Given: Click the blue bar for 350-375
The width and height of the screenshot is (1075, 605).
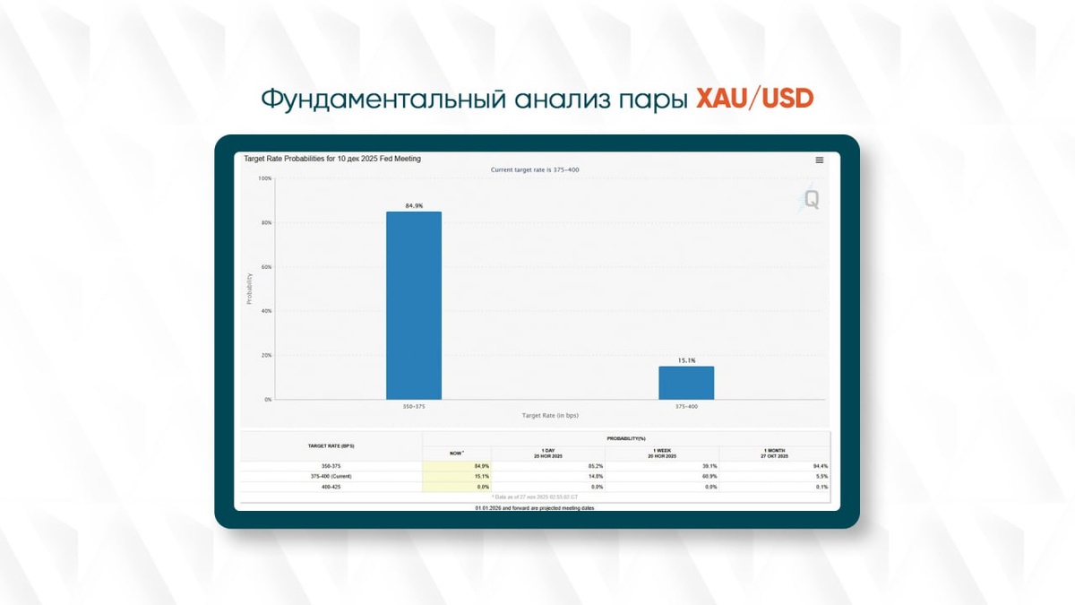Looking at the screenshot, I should pyautogui.click(x=414, y=305).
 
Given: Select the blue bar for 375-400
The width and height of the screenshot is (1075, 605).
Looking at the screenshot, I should pyautogui.click(x=686, y=383).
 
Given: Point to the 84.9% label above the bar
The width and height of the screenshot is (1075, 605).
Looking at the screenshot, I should pyautogui.click(x=414, y=206).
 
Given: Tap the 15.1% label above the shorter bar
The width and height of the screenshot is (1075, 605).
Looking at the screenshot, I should pyautogui.click(x=686, y=360).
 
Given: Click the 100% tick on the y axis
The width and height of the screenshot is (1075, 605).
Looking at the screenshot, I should pyautogui.click(x=265, y=178).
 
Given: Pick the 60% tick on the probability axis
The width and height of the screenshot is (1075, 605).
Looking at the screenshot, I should pyautogui.click(x=266, y=267).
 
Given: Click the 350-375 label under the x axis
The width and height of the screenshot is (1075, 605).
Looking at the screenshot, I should pyautogui.click(x=414, y=406).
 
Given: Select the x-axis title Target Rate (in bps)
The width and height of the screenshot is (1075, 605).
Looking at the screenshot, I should pyautogui.click(x=551, y=415).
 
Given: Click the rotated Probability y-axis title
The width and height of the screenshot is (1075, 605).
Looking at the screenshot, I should pyautogui.click(x=249, y=289).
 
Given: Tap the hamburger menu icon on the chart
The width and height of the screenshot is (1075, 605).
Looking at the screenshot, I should pyautogui.click(x=819, y=160).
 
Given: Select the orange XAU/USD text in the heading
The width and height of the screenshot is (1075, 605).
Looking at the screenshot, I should pyautogui.click(x=754, y=99).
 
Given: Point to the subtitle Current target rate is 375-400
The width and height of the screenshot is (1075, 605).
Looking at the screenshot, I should pyautogui.click(x=536, y=169).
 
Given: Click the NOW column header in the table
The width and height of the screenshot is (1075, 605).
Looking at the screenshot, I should pyautogui.click(x=457, y=454).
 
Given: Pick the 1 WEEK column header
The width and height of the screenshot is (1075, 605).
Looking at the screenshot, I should pyautogui.click(x=662, y=453).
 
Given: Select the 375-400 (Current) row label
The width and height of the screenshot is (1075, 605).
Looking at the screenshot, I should pyautogui.click(x=330, y=476).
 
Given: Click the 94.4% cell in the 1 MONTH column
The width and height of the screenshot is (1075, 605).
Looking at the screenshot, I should pyautogui.click(x=819, y=466).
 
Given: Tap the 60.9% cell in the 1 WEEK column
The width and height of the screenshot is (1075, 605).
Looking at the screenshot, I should pyautogui.click(x=709, y=476).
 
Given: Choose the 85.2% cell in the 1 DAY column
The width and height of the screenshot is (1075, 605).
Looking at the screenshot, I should pyautogui.click(x=594, y=466).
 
